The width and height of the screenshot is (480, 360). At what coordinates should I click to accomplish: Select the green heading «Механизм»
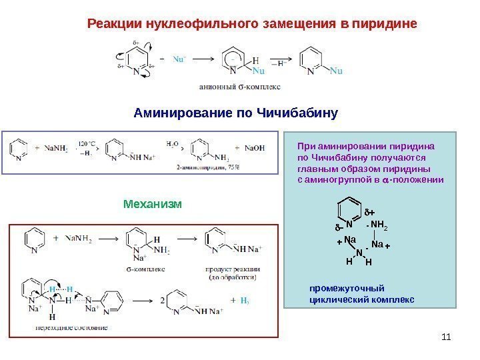[153, 202]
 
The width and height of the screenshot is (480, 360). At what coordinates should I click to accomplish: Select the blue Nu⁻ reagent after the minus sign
[179, 58]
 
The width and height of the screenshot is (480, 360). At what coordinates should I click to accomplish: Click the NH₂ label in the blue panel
[379, 224]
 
